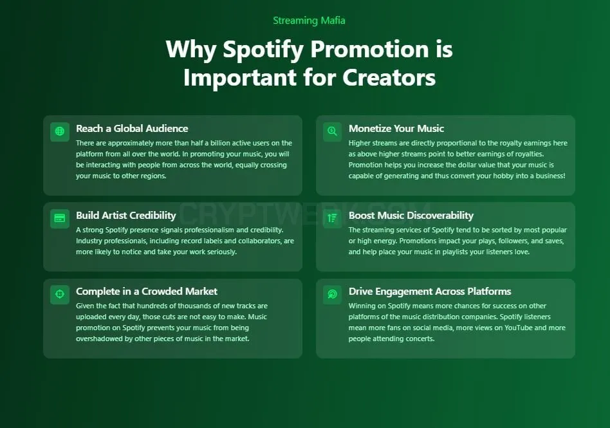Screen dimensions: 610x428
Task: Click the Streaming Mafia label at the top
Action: click(309, 20)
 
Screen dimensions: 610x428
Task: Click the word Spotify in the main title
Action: click(263, 50)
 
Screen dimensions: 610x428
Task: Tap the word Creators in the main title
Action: click(389, 77)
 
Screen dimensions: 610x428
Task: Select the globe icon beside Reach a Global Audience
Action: click(60, 131)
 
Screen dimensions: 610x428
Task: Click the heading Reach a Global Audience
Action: click(132, 129)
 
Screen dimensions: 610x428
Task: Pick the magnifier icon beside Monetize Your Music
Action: click(332, 131)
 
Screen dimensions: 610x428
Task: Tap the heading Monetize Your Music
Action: click(396, 129)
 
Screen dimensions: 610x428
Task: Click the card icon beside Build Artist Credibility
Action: click(60, 218)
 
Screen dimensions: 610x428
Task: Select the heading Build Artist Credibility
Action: click(126, 216)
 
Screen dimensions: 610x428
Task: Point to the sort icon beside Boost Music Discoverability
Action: click(332, 218)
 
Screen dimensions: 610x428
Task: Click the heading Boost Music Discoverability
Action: click(411, 216)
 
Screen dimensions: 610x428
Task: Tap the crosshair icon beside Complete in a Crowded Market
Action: click(60, 294)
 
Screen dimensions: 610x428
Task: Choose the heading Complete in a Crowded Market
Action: click(147, 292)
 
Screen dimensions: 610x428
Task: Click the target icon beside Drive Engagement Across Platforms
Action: click(332, 294)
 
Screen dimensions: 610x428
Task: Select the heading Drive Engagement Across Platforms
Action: click(430, 292)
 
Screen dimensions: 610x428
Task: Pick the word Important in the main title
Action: click(240, 77)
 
